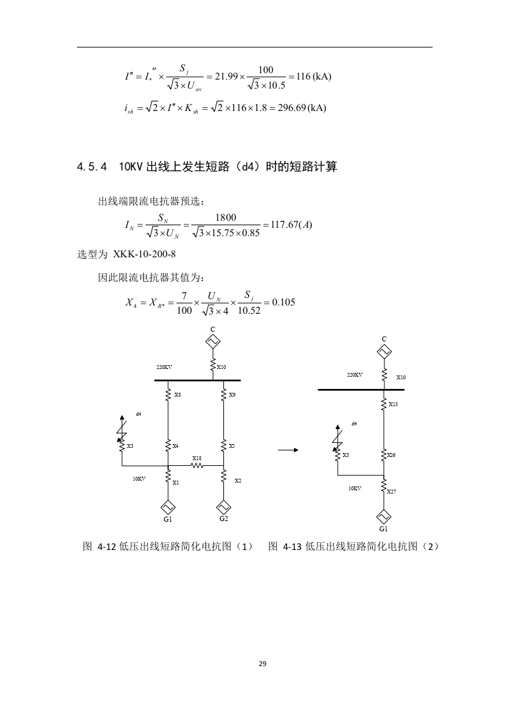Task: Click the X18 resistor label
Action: click(x=196, y=458)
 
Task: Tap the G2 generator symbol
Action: click(x=223, y=508)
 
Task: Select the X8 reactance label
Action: click(x=177, y=395)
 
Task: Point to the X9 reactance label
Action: click(x=232, y=395)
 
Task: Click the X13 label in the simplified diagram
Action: click(x=393, y=404)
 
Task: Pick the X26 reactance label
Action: click(x=392, y=455)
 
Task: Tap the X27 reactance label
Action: click(x=392, y=492)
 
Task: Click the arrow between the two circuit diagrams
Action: click(x=288, y=450)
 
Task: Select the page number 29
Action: click(x=263, y=664)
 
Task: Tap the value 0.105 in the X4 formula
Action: click(x=284, y=302)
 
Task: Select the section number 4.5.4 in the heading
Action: click(x=92, y=167)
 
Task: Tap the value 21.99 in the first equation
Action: click(x=227, y=76)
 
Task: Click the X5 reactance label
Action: click(x=232, y=446)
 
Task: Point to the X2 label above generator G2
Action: click(x=238, y=481)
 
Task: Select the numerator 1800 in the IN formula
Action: click(x=225, y=218)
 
